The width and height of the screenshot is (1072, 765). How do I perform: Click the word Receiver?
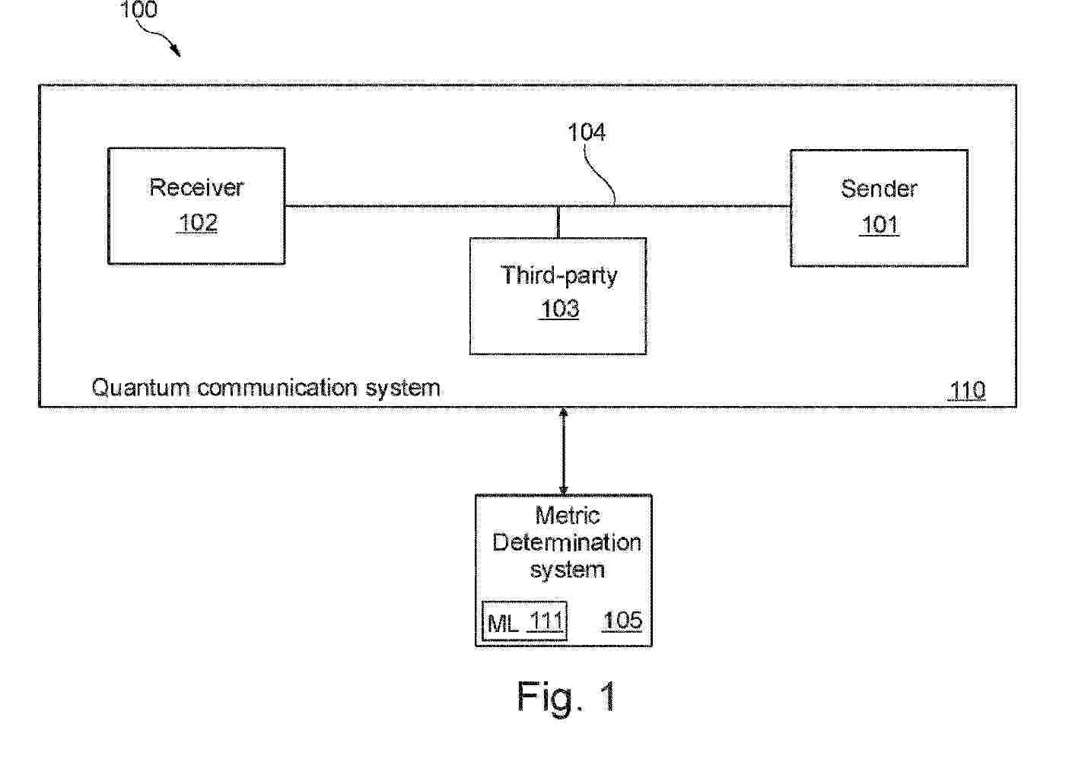pyautogui.click(x=196, y=187)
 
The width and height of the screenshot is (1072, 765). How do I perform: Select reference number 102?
pyautogui.click(x=198, y=223)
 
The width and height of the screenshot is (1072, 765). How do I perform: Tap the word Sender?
pyautogui.click(x=880, y=189)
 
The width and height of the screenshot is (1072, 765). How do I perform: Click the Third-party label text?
pyautogui.click(x=559, y=275)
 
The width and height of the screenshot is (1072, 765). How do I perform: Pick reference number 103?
pyautogui.click(x=559, y=309)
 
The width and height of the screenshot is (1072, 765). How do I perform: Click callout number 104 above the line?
pyautogui.click(x=587, y=132)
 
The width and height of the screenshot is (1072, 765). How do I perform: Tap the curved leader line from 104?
pyautogui.click(x=600, y=175)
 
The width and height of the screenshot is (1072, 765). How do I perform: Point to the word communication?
pyautogui.click(x=277, y=387)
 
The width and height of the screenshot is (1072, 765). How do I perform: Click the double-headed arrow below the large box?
pyautogui.click(x=563, y=451)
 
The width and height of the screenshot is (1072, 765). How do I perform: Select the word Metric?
pyautogui.click(x=567, y=516)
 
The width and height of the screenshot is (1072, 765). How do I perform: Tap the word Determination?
pyautogui.click(x=567, y=542)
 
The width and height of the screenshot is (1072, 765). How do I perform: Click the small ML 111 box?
pyautogui.click(x=524, y=621)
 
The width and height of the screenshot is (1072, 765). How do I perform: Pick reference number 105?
pyautogui.click(x=622, y=621)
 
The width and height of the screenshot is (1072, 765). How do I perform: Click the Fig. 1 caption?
pyautogui.click(x=567, y=697)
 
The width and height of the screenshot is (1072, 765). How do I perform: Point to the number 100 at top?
pyautogui.click(x=138, y=10)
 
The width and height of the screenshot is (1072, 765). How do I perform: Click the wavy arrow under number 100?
pyautogui.click(x=158, y=38)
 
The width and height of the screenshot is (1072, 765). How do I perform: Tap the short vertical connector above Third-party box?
pyautogui.click(x=558, y=222)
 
